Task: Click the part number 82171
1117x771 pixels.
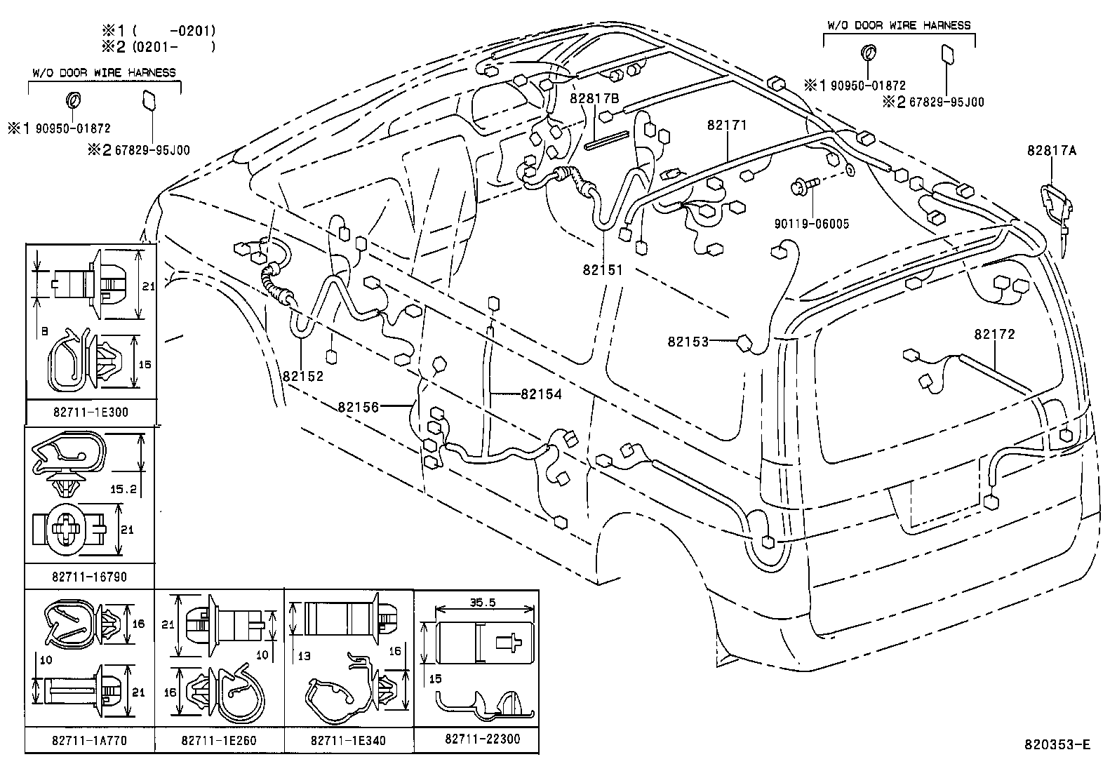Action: coord(727,125)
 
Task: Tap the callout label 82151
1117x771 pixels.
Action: coord(603,270)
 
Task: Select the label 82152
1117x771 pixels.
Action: coord(303,376)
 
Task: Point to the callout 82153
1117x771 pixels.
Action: coord(688,342)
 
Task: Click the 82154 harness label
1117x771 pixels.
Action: coord(541,394)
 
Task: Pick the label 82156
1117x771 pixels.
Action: coord(359,408)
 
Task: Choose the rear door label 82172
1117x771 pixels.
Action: coord(995,334)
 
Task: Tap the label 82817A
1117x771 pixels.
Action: coord(1052,150)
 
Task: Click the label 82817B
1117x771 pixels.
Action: coord(594,98)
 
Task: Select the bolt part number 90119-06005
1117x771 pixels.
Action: coord(811,224)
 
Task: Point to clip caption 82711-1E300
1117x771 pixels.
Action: coord(91,412)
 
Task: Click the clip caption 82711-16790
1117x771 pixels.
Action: coord(90,577)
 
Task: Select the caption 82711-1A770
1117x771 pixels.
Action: coord(90,741)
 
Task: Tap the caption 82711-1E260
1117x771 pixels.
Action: coord(219,741)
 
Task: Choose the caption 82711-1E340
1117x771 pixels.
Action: coord(348,741)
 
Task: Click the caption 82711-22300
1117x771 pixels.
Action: coord(483,739)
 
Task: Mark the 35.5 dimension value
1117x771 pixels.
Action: coord(483,603)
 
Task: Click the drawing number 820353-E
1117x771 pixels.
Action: coord(1057,744)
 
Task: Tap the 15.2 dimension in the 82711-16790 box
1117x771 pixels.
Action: coord(123,489)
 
